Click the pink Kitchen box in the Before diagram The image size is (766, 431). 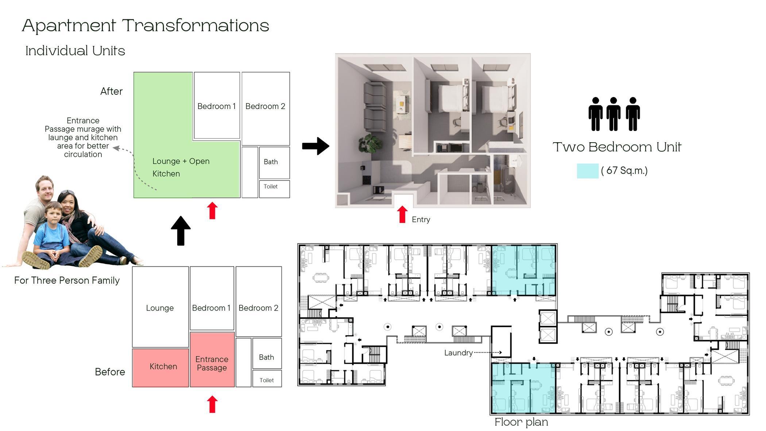click(x=160, y=368)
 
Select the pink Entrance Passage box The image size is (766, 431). click(x=212, y=360)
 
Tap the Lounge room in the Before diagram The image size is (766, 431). click(x=160, y=307)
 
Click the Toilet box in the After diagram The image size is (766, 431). click(x=274, y=189)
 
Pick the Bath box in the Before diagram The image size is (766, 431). click(x=267, y=353)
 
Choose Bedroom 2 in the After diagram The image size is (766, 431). click(x=266, y=108)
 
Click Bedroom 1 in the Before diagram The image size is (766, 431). click(x=212, y=298)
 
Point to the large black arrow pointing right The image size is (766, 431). click(x=316, y=146)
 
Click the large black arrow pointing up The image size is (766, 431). click(x=181, y=230)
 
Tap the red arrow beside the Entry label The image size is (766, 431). click(x=402, y=214)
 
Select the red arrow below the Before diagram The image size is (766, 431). click(x=212, y=404)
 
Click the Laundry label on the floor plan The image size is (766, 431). click(x=458, y=353)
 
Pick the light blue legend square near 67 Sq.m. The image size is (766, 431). click(x=587, y=171)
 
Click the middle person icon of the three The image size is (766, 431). click(x=614, y=114)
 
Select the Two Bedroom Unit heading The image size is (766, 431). click(x=617, y=147)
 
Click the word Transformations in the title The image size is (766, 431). click(x=196, y=26)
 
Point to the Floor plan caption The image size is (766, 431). click(x=521, y=422)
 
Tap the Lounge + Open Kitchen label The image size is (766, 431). click(x=181, y=167)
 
